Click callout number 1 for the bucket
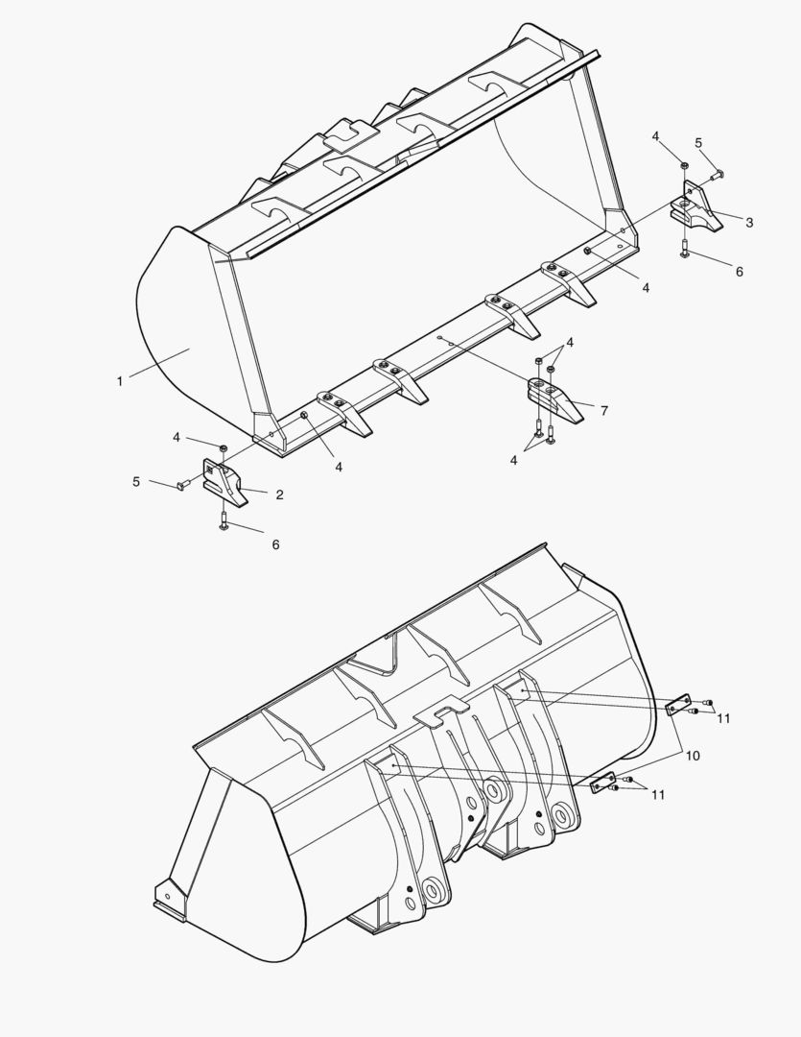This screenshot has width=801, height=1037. tap(119, 381)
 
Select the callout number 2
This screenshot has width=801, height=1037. tap(279, 495)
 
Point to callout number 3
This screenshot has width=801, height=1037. tap(749, 223)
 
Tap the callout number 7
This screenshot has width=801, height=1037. tap(603, 411)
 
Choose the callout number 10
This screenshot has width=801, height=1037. tap(692, 757)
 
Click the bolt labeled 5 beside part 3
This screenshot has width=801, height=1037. tap(719, 175)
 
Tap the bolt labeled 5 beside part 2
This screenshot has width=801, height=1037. tap(182, 486)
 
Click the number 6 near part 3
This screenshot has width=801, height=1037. tap(739, 272)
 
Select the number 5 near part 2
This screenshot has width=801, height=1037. tap(136, 481)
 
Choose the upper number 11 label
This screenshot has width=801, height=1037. tap(723, 717)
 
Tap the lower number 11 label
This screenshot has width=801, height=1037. tap(658, 794)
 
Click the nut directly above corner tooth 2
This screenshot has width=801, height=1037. tap(224, 448)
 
